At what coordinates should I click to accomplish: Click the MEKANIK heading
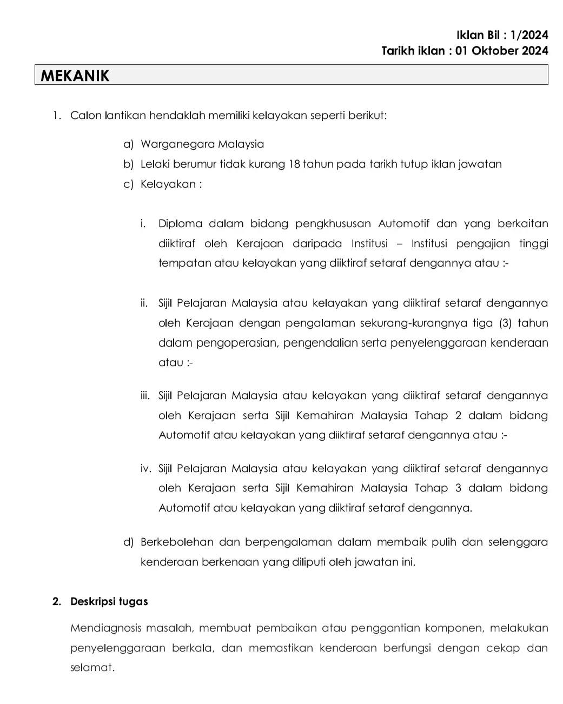click(x=75, y=76)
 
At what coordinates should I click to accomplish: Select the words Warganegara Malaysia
click(x=202, y=144)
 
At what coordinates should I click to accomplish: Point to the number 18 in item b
click(x=294, y=164)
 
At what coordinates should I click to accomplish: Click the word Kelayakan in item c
click(x=168, y=184)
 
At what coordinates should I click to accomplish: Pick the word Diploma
click(x=180, y=224)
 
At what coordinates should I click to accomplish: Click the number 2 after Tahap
click(x=458, y=416)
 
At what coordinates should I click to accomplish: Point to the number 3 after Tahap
click(x=458, y=488)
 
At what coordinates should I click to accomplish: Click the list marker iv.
click(x=147, y=469)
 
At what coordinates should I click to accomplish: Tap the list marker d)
click(x=128, y=542)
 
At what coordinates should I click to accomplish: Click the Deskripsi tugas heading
click(x=109, y=602)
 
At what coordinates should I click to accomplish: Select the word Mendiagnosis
click(x=106, y=628)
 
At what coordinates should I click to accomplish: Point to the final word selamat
click(x=92, y=668)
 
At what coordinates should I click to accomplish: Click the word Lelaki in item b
click(x=155, y=164)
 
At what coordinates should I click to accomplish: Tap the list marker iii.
click(x=145, y=396)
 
